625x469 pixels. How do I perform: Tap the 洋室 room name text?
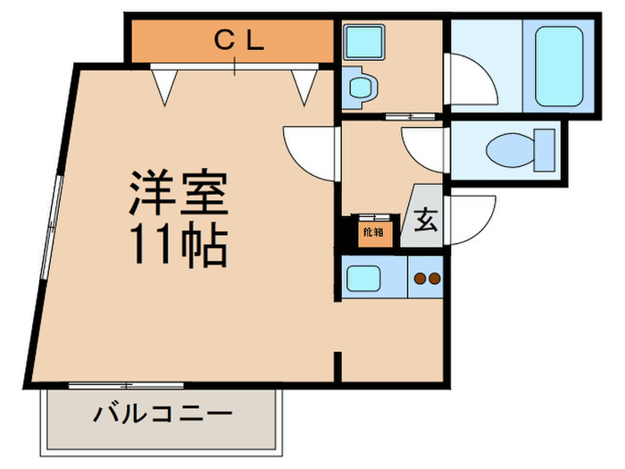(179, 192)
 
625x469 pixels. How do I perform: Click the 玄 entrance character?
(426, 221)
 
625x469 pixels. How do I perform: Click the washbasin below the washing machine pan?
(362, 88)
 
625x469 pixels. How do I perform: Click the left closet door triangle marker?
(162, 87)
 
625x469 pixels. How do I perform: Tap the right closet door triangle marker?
(304, 86)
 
